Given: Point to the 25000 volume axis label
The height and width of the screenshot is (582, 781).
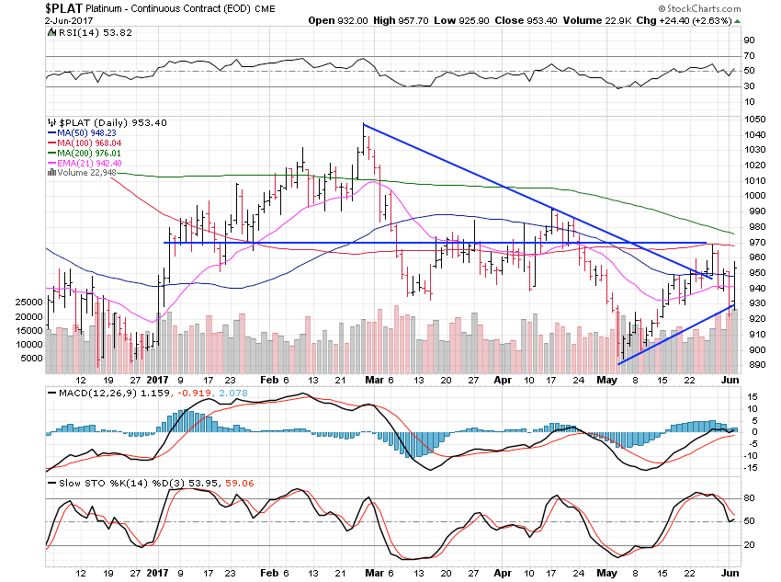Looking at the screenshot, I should click(x=27, y=302).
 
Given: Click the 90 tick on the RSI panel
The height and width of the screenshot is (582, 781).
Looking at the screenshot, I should click(x=748, y=40).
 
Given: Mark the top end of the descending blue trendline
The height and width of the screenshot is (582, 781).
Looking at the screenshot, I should click(x=363, y=124).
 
